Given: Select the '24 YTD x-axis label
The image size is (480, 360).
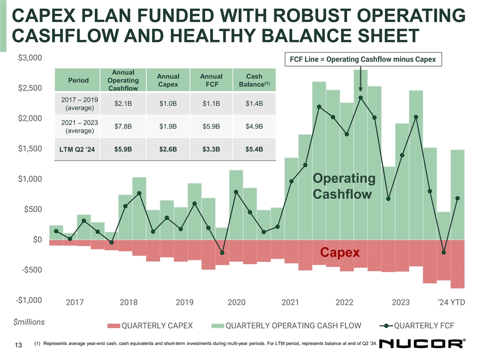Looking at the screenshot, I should point(450,302).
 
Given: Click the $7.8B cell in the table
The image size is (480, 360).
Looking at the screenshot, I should point(123,126).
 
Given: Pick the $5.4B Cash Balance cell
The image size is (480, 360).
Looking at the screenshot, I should point(254,149).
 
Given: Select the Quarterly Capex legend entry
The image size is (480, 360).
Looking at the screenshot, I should point(150,326).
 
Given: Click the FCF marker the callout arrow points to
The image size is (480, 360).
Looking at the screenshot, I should point(360,97).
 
